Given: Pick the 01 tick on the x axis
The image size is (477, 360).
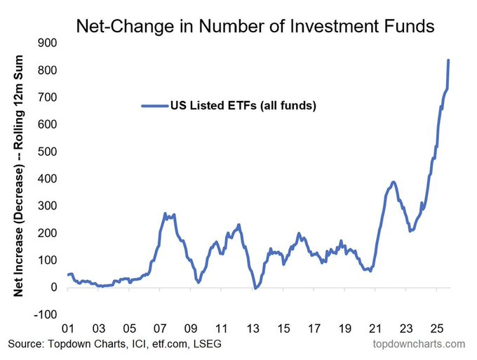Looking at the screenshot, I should pyautogui.click(x=69, y=328).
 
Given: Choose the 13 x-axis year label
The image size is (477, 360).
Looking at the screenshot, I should pyautogui.click(x=253, y=328).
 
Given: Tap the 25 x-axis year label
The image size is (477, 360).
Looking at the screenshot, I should pyautogui.click(x=436, y=328).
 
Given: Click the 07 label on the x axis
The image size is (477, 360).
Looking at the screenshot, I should pyautogui.click(x=161, y=328).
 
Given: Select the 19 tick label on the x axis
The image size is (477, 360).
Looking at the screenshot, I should pyautogui.click(x=344, y=328).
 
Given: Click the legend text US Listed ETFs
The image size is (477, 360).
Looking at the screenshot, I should pyautogui.click(x=243, y=106).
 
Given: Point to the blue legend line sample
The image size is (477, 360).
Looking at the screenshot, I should pyautogui.click(x=154, y=106).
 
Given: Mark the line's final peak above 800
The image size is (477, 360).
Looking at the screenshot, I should pyautogui.click(x=448, y=60).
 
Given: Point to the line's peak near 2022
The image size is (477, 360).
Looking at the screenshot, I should pyautogui.click(x=394, y=182).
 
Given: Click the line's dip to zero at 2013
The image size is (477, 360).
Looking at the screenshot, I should pyautogui.click(x=256, y=288).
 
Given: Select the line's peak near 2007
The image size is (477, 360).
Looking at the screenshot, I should pyautogui.click(x=165, y=213).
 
